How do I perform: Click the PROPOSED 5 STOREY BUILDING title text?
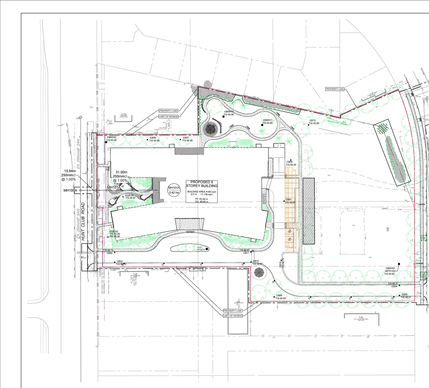(204, 184)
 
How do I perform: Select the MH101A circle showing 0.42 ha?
(174, 190)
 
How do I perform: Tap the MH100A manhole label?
(70, 191)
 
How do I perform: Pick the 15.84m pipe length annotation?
(70, 171)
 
